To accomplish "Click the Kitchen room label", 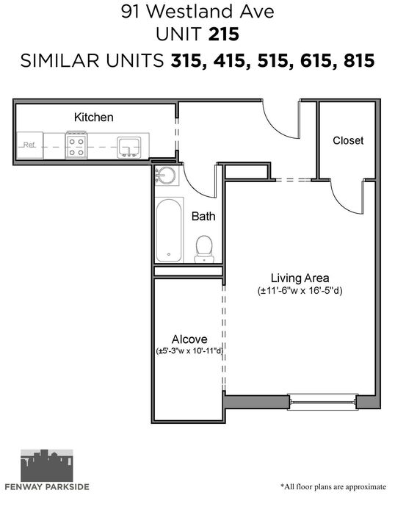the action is click(94, 118).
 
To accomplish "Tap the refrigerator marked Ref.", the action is click(29, 145).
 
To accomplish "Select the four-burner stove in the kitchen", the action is click(76, 145).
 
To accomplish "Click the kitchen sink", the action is click(129, 147).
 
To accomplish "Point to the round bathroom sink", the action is click(166, 176).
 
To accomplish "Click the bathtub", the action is click(168, 230).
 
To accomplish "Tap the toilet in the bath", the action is click(204, 249).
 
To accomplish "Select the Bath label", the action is click(203, 216).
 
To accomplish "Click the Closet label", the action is click(348, 140).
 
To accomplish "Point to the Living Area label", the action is click(300, 278).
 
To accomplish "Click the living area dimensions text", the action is click(300, 290).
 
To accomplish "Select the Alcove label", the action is click(189, 339).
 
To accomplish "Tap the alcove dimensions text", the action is click(189, 351).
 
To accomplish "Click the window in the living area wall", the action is click(322, 402).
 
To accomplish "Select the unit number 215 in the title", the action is click(224, 35).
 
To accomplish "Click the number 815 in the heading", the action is click(359, 61).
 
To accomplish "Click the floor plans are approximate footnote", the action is click(333, 487).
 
